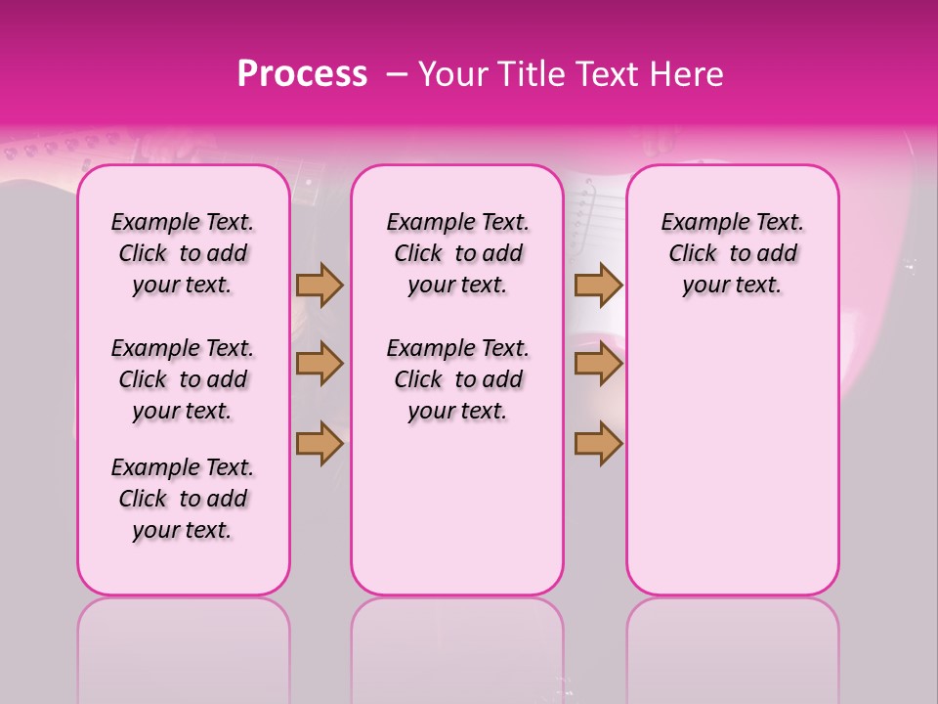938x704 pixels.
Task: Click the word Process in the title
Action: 302,73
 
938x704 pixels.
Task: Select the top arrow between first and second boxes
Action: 320,285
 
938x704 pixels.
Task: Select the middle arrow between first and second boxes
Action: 320,364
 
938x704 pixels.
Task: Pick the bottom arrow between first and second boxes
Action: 320,443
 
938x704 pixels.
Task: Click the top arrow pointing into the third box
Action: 598,285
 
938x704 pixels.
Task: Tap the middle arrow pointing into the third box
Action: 598,364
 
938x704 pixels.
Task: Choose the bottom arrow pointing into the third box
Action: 598,443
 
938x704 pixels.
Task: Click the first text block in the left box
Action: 183,253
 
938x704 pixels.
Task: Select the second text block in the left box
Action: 183,379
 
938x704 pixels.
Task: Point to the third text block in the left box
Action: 183,499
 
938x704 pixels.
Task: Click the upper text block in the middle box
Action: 457,253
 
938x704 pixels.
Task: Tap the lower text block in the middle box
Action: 457,379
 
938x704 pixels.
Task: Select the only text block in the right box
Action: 732,253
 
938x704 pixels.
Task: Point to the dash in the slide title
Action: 397,73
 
